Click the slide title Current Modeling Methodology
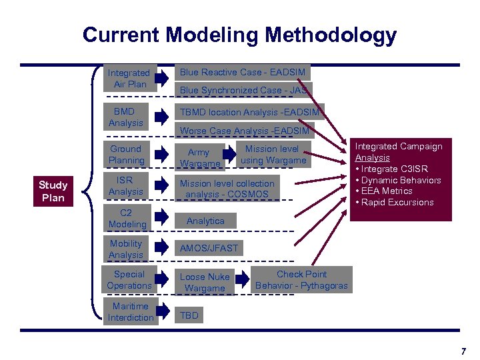click(x=239, y=35)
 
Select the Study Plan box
click(x=53, y=191)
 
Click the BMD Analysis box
click(x=125, y=117)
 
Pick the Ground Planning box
click(x=126, y=155)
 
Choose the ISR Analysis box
click(x=125, y=186)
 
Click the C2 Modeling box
click(x=127, y=219)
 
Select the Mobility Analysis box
click(x=126, y=249)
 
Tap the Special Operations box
click(x=129, y=280)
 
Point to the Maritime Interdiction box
click(x=130, y=312)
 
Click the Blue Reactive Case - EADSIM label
click(x=242, y=72)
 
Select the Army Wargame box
click(x=199, y=158)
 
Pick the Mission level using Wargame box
click(x=273, y=155)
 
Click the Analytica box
click(x=205, y=221)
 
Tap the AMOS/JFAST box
click(x=209, y=248)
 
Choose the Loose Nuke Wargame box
click(x=205, y=283)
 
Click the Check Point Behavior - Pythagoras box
click(x=301, y=280)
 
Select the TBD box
click(x=189, y=315)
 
